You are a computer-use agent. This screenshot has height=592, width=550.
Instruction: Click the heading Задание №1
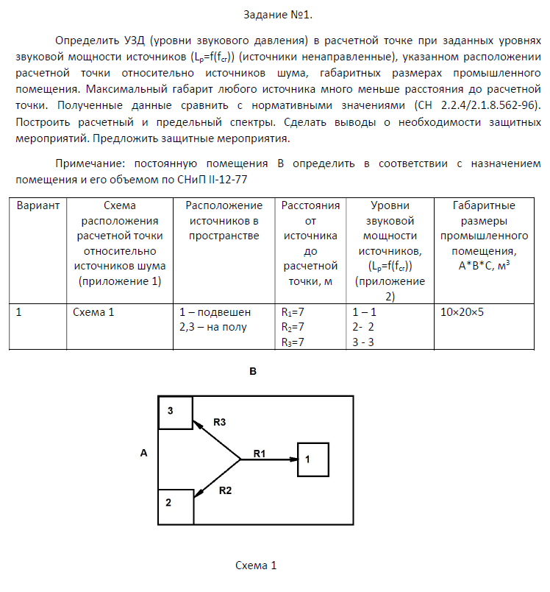coord(274,14)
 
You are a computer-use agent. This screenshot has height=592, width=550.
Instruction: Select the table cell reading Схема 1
coord(93,311)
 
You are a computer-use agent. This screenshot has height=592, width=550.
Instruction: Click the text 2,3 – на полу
coord(213,327)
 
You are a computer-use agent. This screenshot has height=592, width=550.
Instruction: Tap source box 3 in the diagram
coord(176,412)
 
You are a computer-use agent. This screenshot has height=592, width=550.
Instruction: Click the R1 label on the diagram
coord(260,453)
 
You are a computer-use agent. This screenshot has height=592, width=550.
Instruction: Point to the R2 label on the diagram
coord(226,490)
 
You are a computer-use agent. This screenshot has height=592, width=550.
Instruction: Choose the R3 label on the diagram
coord(219,422)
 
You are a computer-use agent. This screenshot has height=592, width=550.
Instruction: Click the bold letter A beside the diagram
coord(143,454)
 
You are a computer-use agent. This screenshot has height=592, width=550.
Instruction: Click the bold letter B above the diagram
coord(252,373)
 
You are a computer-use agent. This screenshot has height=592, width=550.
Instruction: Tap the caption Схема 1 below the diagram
coord(255,566)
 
